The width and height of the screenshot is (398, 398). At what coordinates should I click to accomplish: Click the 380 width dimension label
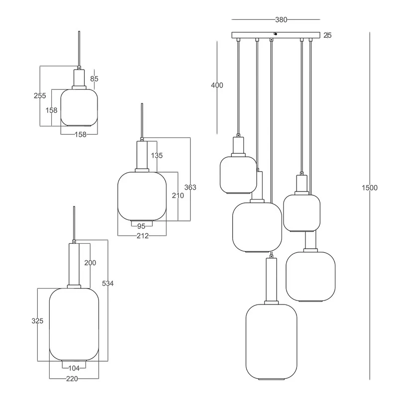tap(281, 19)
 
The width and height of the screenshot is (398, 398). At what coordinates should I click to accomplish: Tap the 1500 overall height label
tap(370, 188)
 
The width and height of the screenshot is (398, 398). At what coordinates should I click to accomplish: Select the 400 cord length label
tap(217, 85)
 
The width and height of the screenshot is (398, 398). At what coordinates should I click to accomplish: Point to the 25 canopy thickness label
tap(327, 35)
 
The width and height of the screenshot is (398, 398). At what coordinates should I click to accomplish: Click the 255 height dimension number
tap(40, 96)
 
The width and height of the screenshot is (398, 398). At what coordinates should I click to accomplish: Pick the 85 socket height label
tap(94, 79)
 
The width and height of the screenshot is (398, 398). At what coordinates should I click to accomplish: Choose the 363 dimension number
tap(191, 188)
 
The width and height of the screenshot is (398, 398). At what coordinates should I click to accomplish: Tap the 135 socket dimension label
tap(157, 155)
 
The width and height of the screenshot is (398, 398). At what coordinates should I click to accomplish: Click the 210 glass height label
tap(178, 196)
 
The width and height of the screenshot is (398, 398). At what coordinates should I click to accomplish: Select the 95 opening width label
tap(141, 226)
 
